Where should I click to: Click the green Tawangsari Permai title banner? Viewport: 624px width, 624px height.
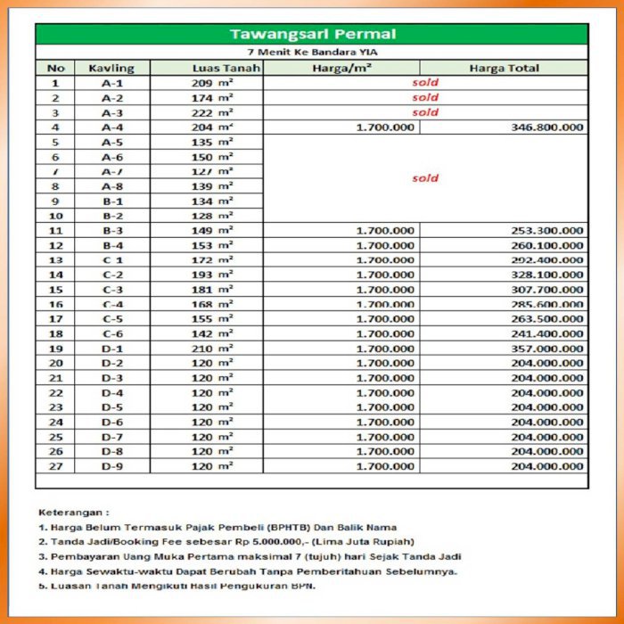312,35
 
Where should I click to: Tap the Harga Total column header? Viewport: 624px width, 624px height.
504,68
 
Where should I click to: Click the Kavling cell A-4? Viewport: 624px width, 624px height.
111,127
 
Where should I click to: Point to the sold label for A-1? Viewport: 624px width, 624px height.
425,83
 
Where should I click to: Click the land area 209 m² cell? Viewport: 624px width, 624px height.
213,83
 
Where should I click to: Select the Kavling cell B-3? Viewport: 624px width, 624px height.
111,231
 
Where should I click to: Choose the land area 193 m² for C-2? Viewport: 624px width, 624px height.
213,275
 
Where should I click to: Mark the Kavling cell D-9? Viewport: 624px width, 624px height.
111,466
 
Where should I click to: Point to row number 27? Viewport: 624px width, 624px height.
55,466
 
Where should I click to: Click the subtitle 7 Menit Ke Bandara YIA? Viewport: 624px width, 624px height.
312,53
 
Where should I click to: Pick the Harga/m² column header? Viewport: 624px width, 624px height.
341,68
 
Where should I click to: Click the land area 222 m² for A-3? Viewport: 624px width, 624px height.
213,112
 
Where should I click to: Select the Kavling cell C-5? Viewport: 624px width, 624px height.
111,319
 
